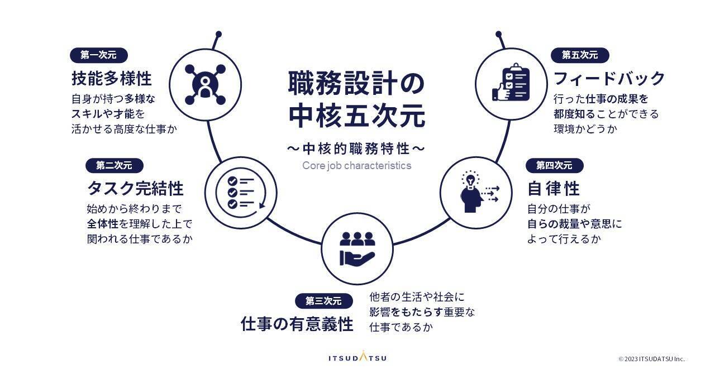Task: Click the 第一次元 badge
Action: (99, 55)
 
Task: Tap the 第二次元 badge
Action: (114, 165)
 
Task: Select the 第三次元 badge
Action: (323, 301)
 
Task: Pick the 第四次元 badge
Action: (554, 165)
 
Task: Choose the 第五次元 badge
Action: (580, 55)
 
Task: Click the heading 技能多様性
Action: (112, 78)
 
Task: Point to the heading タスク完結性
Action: (135, 188)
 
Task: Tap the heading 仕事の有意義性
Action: (297, 324)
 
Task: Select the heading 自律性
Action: (554, 188)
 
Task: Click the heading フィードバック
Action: (609, 78)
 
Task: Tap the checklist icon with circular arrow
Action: (241, 193)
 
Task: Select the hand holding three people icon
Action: (357, 249)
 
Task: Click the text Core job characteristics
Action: (356, 165)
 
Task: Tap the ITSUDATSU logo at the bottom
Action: (357, 357)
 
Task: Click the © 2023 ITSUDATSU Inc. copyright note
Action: (651, 359)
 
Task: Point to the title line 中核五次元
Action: (356, 117)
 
